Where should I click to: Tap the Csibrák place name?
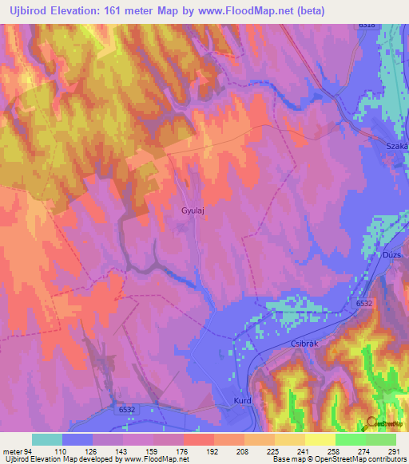click(x=300, y=344)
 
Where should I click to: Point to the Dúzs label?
click(x=391, y=254)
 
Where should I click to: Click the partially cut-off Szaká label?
click(x=396, y=147)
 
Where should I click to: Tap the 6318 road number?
click(x=367, y=25)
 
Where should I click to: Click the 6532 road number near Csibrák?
click(x=363, y=304)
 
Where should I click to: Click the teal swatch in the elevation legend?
click(x=47, y=439)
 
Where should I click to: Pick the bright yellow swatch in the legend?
click(x=320, y=439)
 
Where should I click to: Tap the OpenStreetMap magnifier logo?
click(x=371, y=423)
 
